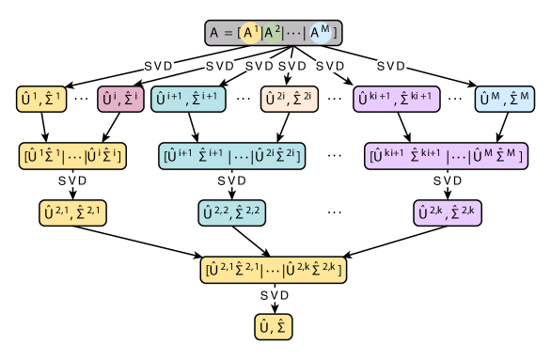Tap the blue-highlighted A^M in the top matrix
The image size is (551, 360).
point(321,34)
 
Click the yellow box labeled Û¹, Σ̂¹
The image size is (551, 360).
point(41,99)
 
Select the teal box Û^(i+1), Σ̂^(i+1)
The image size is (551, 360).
point(188,99)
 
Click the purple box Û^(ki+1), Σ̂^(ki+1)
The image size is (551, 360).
point(398,99)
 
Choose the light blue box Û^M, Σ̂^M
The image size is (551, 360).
point(504,99)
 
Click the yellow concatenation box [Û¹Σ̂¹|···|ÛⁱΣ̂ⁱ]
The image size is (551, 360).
point(72,156)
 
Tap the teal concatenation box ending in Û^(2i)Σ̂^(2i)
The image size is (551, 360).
point(232,156)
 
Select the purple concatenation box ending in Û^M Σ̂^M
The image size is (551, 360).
point(446,156)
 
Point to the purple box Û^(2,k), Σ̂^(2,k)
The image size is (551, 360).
point(448,213)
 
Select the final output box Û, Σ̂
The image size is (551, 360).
point(274,326)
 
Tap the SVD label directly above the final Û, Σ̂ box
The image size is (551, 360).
point(275,295)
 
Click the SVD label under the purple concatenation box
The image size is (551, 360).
point(448,180)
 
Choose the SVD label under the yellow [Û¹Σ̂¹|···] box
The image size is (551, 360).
point(72,180)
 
